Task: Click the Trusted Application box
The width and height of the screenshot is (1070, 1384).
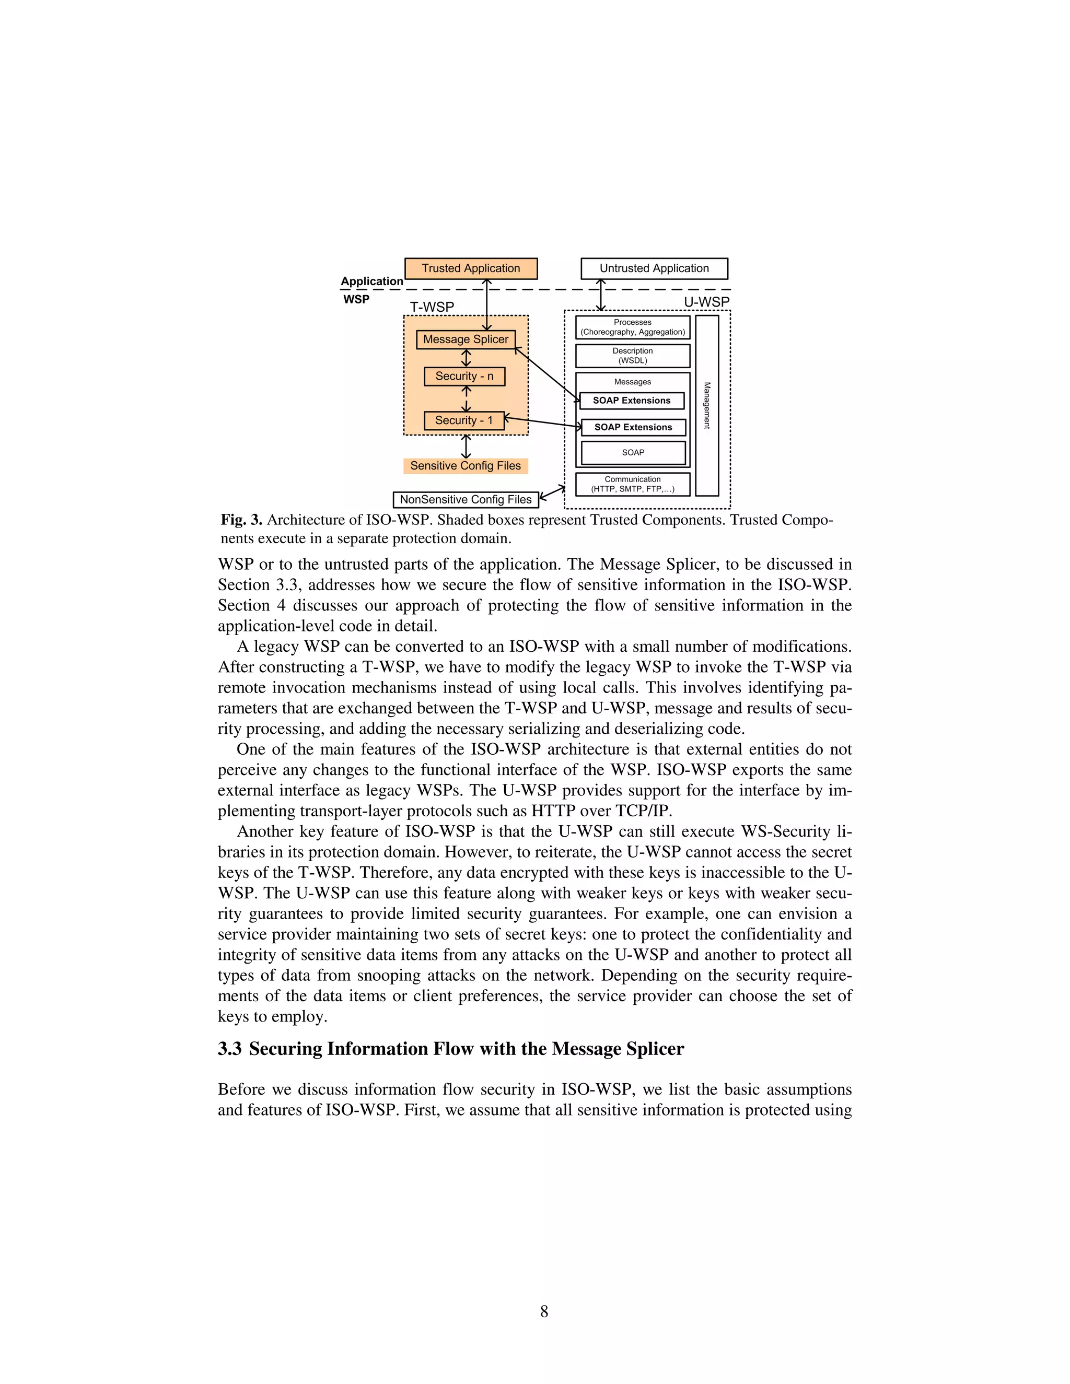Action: coord(470,268)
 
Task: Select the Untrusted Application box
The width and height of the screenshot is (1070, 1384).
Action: coord(654,268)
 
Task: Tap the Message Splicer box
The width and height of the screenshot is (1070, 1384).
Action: coord(466,339)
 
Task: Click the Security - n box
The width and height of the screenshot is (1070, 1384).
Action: coord(464,376)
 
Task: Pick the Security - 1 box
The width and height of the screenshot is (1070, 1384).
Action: coord(463,420)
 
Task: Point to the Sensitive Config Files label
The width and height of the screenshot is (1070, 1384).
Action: coord(466,466)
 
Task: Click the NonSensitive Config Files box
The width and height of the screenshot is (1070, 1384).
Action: coord(466,499)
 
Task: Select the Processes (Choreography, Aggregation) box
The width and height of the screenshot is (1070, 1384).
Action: coord(632,327)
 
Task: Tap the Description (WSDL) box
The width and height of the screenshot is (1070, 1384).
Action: coord(632,356)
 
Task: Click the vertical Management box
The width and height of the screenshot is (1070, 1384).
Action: coord(707,406)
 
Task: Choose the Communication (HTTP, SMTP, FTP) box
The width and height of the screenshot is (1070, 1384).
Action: coord(632,484)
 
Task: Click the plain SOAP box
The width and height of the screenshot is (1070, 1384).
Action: coord(633,452)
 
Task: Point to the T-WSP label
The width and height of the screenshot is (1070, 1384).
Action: coord(432,307)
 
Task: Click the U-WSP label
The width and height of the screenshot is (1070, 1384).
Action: coord(706,302)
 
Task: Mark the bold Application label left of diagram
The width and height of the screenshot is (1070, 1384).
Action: coord(371,281)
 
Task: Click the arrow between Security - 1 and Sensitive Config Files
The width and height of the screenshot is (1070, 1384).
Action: coord(467,447)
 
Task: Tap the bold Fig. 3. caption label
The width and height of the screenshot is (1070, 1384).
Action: coord(241,520)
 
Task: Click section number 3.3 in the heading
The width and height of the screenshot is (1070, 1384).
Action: coord(229,1049)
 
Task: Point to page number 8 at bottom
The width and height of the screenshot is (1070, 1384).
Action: coord(544,1311)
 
